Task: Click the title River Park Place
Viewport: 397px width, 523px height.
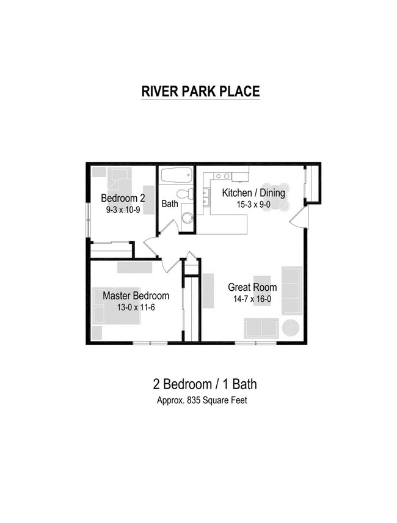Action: pyautogui.click(x=200, y=91)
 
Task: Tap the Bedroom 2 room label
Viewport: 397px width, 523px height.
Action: pyautogui.click(x=123, y=198)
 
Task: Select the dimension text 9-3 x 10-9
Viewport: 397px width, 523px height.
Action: pyautogui.click(x=123, y=210)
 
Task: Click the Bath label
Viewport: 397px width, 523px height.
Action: pyautogui.click(x=170, y=203)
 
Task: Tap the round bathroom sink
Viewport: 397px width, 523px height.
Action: pyautogui.click(x=187, y=218)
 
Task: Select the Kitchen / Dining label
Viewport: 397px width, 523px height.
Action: pyautogui.click(x=253, y=193)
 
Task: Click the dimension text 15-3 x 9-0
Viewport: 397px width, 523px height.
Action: pyautogui.click(x=253, y=205)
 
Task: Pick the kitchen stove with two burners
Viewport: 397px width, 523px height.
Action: pyautogui.click(x=223, y=177)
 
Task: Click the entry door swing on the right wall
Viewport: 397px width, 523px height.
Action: pyautogui.click(x=299, y=217)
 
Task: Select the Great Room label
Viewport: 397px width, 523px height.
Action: pyautogui.click(x=252, y=287)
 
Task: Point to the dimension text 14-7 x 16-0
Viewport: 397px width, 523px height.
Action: pyautogui.click(x=252, y=299)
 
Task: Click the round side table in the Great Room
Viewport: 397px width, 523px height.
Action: pyautogui.click(x=290, y=327)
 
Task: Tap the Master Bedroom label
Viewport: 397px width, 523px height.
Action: pyautogui.click(x=136, y=296)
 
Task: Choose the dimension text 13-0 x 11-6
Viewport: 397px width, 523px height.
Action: pyautogui.click(x=136, y=307)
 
